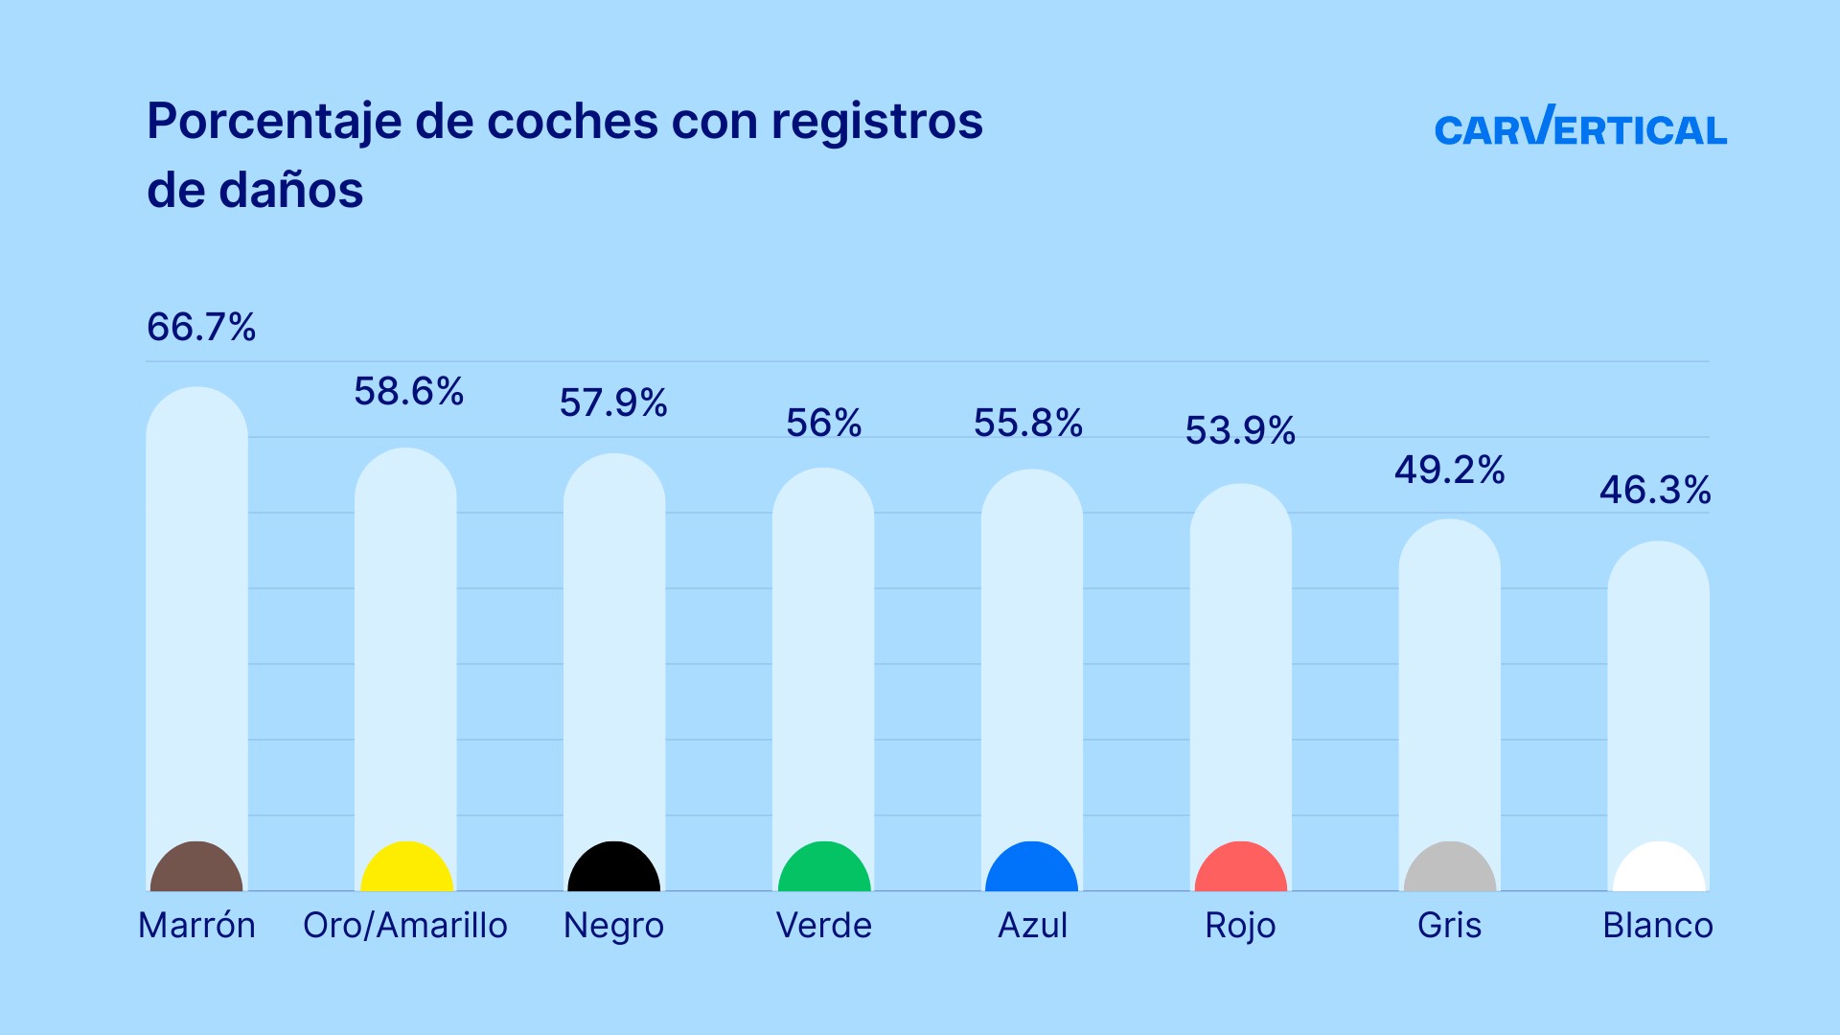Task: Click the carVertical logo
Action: [x=1580, y=127]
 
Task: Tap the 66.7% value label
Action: [x=201, y=328]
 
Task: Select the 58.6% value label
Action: [x=409, y=392]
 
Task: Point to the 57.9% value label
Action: [x=613, y=402]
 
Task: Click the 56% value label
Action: [x=824, y=424]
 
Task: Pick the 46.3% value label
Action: [x=1655, y=491]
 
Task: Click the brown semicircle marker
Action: [x=196, y=868]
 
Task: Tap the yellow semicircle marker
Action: [x=406, y=868]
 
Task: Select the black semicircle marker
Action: [x=614, y=868]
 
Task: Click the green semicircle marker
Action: [x=824, y=868]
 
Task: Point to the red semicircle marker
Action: [x=1241, y=868]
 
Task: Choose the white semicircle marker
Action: [x=1659, y=868]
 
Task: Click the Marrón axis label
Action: [x=196, y=926]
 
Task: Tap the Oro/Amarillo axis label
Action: [x=405, y=926]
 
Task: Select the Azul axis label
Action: [x=1032, y=926]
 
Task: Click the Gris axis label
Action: [x=1449, y=926]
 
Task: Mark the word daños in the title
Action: [x=290, y=191]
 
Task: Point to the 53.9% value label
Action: [x=1240, y=431]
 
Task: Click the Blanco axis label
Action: [x=1658, y=926]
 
